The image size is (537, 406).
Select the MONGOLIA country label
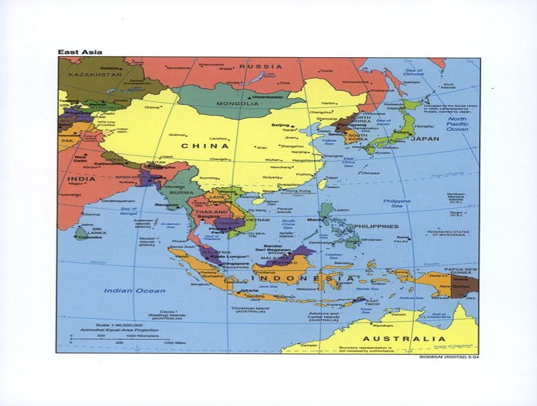[237, 104]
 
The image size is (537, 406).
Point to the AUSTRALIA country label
[404, 338]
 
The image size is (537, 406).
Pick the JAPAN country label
[425, 139]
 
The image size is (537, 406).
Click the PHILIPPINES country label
[376, 226]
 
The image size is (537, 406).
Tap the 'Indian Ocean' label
[134, 291]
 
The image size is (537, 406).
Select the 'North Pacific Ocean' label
[456, 124]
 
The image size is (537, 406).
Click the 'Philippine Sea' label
[397, 204]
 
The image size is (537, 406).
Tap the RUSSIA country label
[260, 66]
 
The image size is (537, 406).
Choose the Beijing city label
[280, 125]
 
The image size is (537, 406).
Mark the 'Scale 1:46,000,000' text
[119, 324]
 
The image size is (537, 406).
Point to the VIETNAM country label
[258, 219]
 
